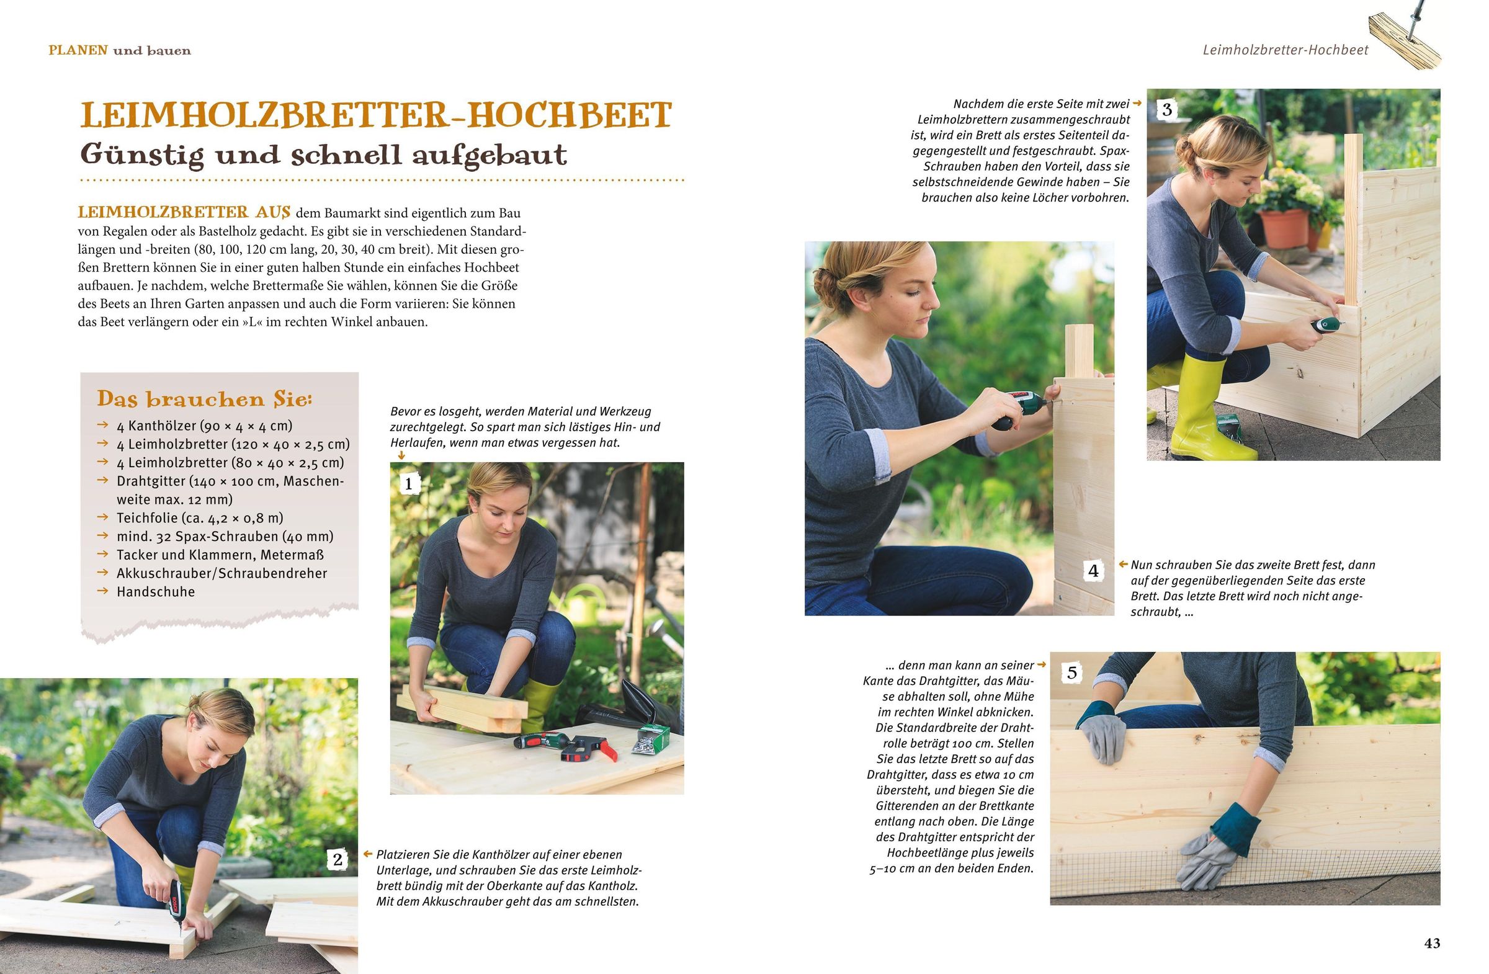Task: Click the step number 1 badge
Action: pos(409,483)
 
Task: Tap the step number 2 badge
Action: pos(338,859)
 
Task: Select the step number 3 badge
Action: pos(1167,110)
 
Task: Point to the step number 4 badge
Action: pos(1093,571)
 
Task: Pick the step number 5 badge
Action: pos(1072,673)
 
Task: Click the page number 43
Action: pos(1433,944)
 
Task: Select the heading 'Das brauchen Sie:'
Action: pos(205,399)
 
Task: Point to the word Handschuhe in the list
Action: pos(156,592)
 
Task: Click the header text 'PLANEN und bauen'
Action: pos(120,51)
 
